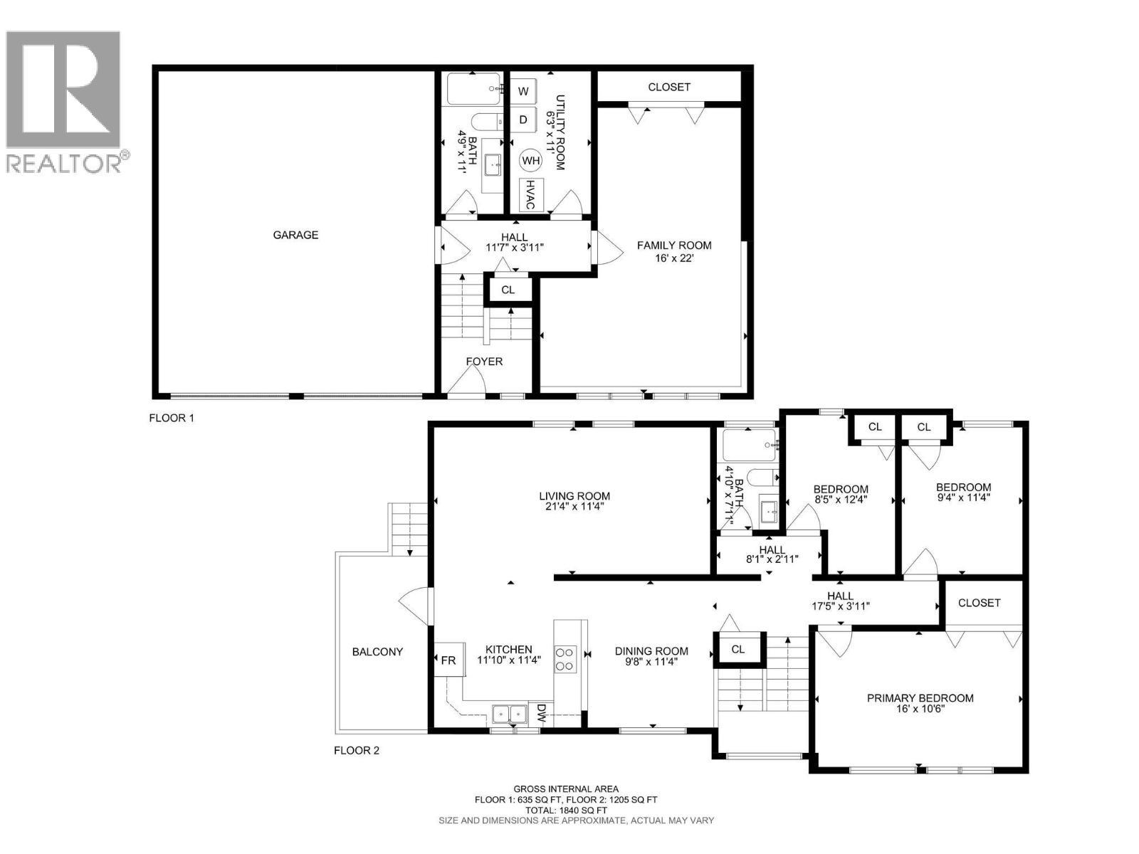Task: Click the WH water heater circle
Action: (531, 161)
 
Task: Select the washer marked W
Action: (523, 91)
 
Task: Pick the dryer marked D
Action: (523, 120)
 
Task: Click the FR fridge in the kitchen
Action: (448, 660)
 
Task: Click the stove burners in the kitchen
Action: (565, 658)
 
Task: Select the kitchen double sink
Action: (510, 712)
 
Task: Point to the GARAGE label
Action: (295, 235)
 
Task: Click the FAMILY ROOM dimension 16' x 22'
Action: (674, 258)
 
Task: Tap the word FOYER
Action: (484, 362)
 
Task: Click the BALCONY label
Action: (377, 651)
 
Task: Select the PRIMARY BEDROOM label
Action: (920, 698)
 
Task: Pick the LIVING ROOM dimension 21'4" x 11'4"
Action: (574, 507)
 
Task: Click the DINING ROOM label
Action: (651, 650)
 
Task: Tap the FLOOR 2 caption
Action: (357, 750)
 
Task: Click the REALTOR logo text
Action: (64, 164)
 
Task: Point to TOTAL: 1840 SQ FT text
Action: (566, 810)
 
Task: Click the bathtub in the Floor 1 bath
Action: (474, 89)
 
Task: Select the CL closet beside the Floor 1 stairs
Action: (508, 290)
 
